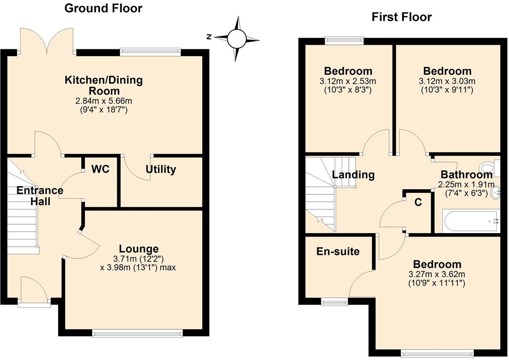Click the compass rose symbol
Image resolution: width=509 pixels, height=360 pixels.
click(236, 38)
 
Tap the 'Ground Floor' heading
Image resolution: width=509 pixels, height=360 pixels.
click(103, 8)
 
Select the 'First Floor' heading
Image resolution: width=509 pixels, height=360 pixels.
click(402, 17)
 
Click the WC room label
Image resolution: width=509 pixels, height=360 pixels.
click(100, 169)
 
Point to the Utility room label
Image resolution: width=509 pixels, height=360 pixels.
click(161, 170)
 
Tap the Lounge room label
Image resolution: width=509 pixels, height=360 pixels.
click(139, 249)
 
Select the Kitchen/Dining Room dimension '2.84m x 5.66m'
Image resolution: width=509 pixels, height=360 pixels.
click(104, 101)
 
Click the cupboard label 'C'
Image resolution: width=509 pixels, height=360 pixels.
click(418, 202)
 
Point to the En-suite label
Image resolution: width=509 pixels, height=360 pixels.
click(338, 251)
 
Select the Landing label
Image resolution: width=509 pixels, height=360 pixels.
click(353, 175)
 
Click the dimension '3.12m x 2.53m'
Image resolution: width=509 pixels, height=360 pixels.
click(348, 81)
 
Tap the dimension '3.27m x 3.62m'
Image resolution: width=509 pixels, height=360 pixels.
click(436, 274)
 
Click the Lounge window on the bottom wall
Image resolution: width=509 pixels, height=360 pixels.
click(137, 332)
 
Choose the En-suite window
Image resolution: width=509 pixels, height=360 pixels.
click(334, 301)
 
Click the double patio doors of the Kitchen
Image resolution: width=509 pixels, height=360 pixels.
click(47, 42)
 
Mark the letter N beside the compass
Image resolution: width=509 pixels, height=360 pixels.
click(209, 37)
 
